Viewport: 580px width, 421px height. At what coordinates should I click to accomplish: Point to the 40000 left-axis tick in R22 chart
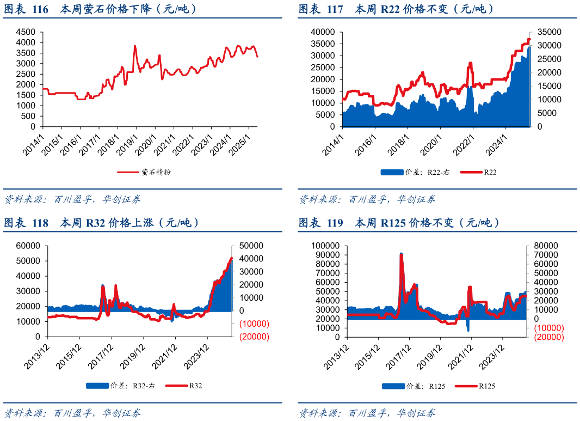point(323,32)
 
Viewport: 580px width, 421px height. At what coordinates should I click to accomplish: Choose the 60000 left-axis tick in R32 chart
point(28,246)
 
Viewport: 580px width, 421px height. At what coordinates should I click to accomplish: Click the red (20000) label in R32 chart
point(254,337)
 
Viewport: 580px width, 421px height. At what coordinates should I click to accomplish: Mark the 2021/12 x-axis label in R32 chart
point(166,357)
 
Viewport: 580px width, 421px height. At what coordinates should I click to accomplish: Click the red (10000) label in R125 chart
point(548,328)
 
